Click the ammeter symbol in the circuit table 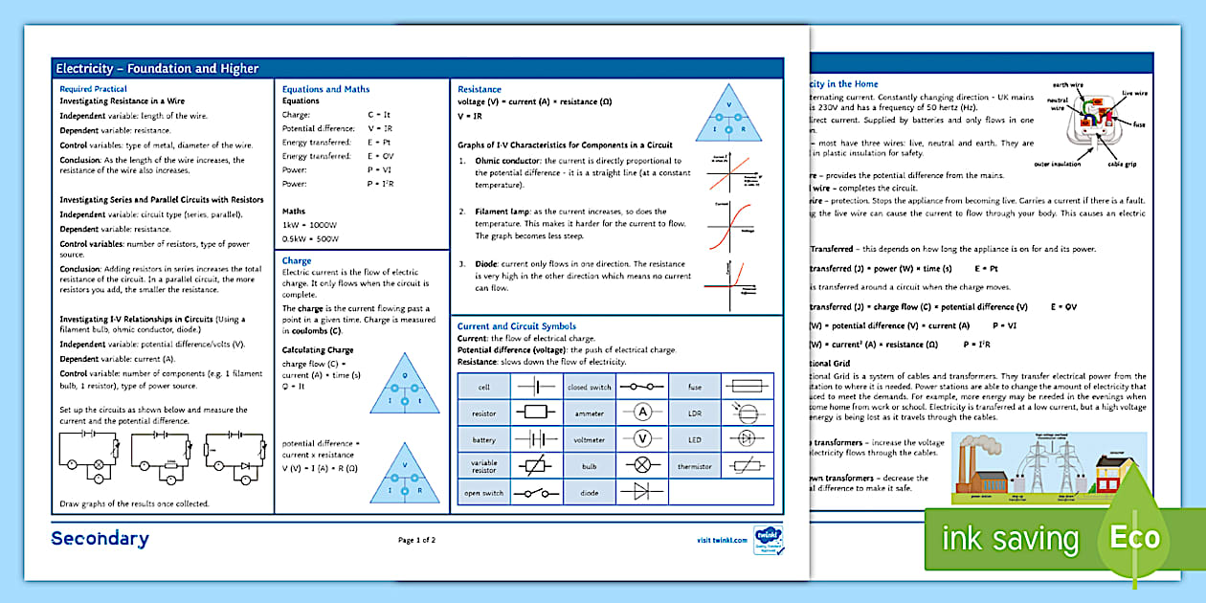click(x=643, y=413)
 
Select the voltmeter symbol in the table click(x=643, y=439)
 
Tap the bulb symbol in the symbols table click(x=643, y=466)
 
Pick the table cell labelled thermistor click(x=695, y=466)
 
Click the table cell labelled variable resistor click(x=484, y=466)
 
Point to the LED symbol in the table click(x=747, y=439)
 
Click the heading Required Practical click(x=93, y=89)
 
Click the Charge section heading click(x=297, y=260)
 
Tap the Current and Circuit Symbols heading click(x=517, y=326)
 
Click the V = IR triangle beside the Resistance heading click(x=729, y=115)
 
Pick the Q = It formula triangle click(x=405, y=384)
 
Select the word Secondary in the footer click(x=100, y=539)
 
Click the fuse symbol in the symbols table click(x=747, y=387)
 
